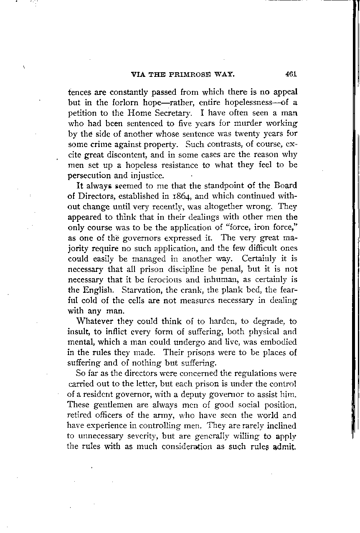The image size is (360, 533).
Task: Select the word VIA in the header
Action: pyautogui.click(x=139, y=75)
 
